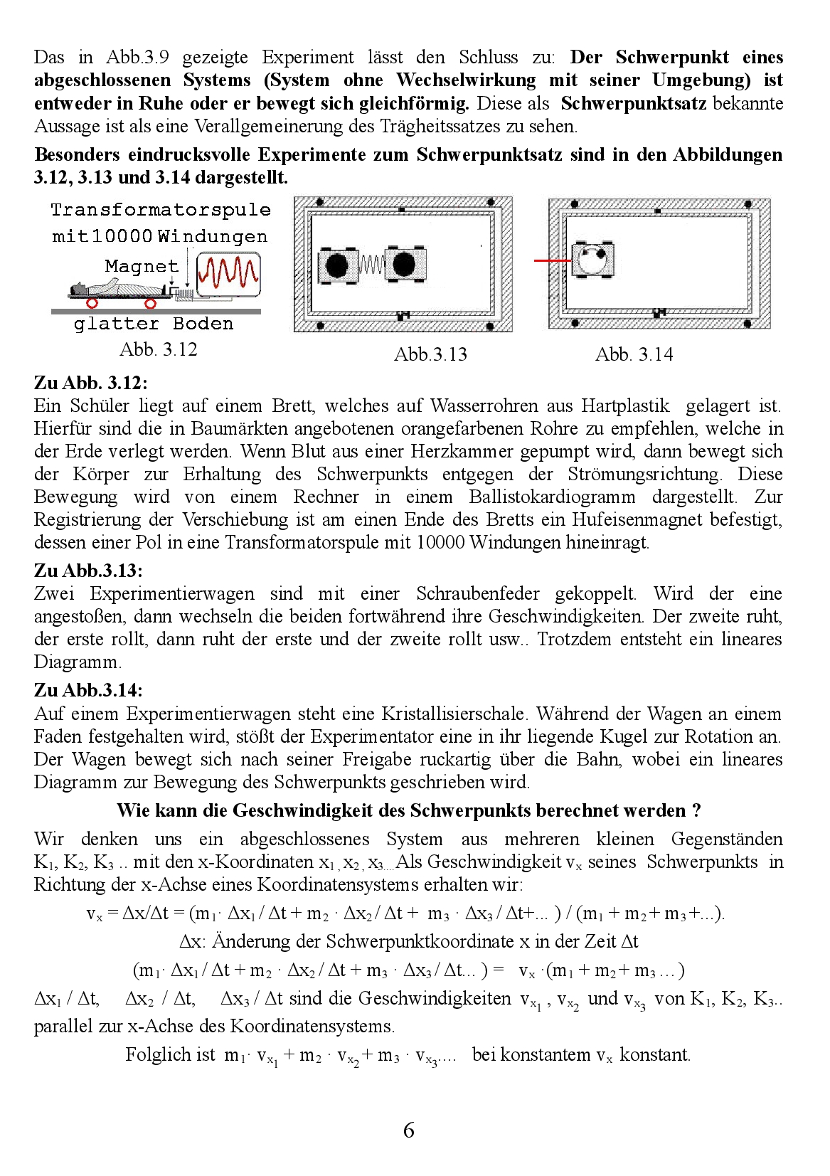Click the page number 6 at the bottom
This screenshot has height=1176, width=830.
click(408, 1130)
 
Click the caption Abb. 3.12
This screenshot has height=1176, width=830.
click(158, 349)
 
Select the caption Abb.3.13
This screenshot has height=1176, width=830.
click(430, 354)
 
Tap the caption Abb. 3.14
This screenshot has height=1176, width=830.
click(634, 354)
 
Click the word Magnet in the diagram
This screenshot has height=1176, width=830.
click(142, 266)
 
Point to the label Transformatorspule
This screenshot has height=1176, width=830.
click(161, 210)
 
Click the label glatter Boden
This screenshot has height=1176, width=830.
click(154, 324)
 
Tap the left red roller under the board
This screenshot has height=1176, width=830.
click(92, 303)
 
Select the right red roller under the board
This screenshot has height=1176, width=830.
click(150, 304)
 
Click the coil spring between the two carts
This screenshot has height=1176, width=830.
click(371, 265)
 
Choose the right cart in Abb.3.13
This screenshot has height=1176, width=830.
click(404, 265)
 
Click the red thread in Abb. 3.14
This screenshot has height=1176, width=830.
click(552, 261)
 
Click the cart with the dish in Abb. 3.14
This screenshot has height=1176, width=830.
click(592, 260)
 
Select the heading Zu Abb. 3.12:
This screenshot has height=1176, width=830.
click(90, 383)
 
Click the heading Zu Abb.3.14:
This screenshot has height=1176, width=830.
click(88, 690)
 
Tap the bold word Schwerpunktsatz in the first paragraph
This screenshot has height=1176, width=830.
click(633, 103)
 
